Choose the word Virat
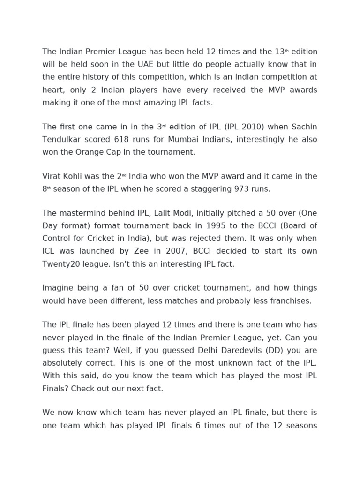tap(52, 176)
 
